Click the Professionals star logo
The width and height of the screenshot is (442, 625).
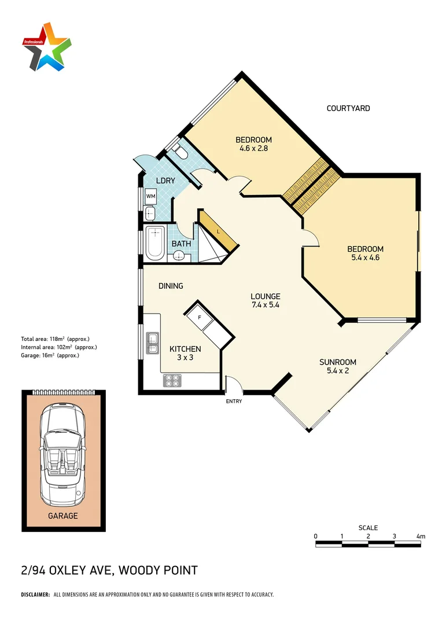point(47,46)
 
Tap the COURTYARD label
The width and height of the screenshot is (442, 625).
point(348,108)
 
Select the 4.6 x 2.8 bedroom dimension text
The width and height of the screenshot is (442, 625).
point(253,148)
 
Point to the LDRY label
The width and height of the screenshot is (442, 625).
point(165,181)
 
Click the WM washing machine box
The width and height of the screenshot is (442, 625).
point(150,196)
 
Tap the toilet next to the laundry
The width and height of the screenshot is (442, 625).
point(179,153)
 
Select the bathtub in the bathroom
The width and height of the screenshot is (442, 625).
point(155,242)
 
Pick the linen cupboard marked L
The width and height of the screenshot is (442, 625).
point(218,231)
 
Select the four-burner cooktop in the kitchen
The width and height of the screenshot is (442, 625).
point(173,380)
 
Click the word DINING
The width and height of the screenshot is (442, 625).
point(171,286)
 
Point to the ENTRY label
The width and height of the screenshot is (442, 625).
point(234,401)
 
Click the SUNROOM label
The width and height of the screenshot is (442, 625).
point(338,362)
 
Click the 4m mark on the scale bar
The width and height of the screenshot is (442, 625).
point(421,536)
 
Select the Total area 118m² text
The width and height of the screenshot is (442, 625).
point(55,339)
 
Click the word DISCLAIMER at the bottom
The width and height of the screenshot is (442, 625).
point(35,594)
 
